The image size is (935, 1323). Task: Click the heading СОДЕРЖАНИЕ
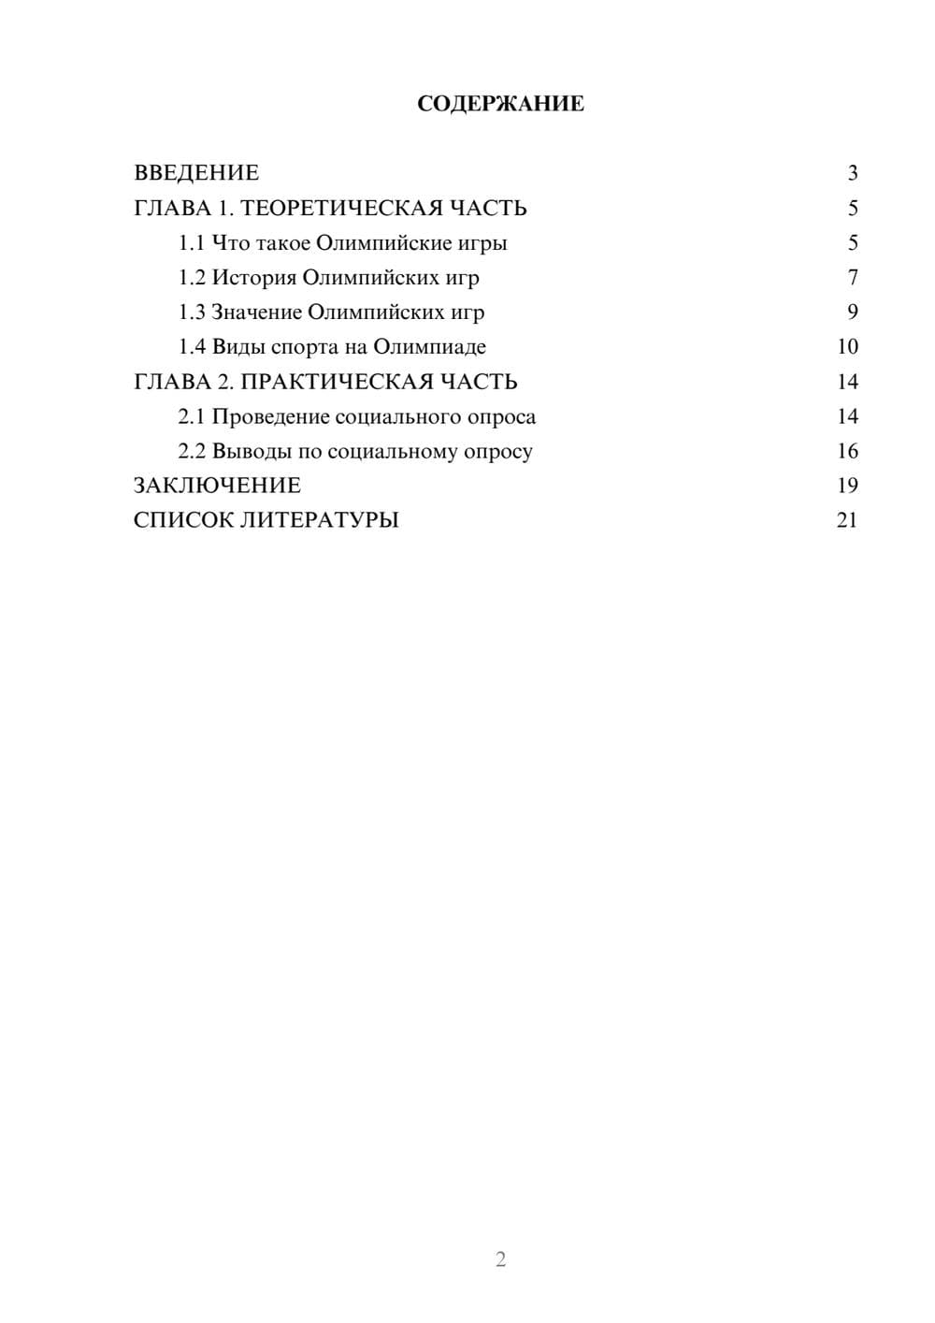click(x=500, y=104)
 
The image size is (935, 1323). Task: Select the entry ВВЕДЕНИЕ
click(x=196, y=173)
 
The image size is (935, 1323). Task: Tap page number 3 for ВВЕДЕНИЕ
click(x=852, y=173)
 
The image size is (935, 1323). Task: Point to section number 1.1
click(x=192, y=243)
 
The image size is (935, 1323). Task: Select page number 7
click(x=852, y=278)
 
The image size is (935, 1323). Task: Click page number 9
click(x=852, y=313)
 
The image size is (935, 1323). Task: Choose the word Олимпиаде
click(x=429, y=347)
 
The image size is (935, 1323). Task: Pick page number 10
click(x=847, y=347)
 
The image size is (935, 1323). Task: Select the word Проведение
click(x=270, y=416)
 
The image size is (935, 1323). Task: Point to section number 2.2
click(x=192, y=451)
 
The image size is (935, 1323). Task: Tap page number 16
click(x=847, y=451)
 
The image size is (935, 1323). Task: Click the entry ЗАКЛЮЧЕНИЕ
click(x=217, y=486)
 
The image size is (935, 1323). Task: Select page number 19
click(x=847, y=486)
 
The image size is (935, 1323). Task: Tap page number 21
click(x=847, y=520)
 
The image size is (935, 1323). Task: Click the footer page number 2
click(x=500, y=1259)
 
